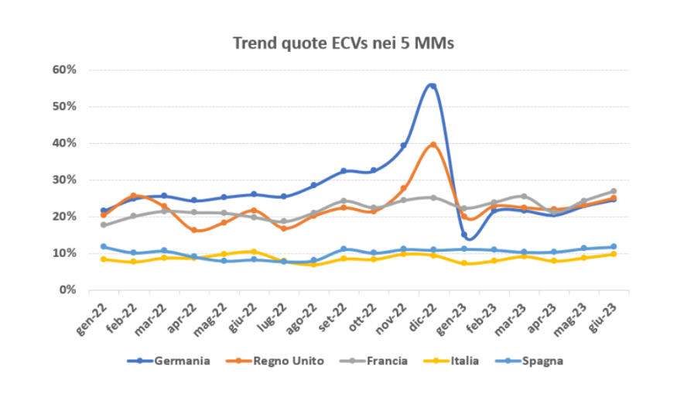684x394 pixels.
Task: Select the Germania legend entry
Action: pos(182,361)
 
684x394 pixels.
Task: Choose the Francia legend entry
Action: pos(387,361)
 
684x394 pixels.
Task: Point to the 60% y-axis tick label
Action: pos(65,70)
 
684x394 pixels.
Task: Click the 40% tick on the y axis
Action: pos(65,143)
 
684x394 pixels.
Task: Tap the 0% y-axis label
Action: pos(68,290)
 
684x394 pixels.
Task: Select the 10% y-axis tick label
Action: pos(65,253)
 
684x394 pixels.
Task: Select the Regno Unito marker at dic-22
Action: pos(433,145)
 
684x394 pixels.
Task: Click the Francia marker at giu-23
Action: pos(614,191)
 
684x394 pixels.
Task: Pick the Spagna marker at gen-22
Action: pos(104,247)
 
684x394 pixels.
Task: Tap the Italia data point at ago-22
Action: pos(313,265)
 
